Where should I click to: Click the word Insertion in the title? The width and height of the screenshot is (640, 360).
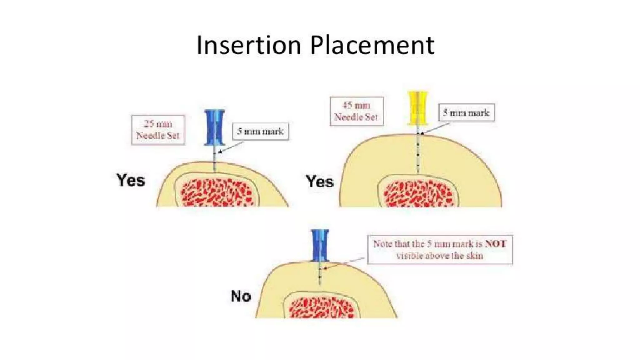[x=249, y=45]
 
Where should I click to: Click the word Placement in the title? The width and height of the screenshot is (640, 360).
[x=372, y=45]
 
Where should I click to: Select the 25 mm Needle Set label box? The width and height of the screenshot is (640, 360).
[x=158, y=130]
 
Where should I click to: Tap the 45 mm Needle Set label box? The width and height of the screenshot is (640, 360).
[x=357, y=111]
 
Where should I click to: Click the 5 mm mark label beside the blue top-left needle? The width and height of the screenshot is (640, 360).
[x=260, y=131]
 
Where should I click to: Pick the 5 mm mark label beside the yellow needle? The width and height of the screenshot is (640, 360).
[x=466, y=112]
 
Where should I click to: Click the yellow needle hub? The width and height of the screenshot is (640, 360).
[x=417, y=108]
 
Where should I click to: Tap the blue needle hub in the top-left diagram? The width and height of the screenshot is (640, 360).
[x=214, y=127]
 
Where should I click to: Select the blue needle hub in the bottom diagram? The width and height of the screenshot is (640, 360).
[x=320, y=245]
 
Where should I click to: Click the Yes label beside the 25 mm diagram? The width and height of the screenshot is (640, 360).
[x=131, y=180]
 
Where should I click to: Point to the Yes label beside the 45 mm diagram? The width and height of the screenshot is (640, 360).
[x=320, y=182]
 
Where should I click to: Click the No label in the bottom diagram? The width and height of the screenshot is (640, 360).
[x=241, y=296]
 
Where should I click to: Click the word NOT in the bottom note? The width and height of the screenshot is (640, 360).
[x=496, y=244]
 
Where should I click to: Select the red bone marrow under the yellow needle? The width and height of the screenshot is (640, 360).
[x=418, y=194]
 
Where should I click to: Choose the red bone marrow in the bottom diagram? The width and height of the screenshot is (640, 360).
[x=321, y=308]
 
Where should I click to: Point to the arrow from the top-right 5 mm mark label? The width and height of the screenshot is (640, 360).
[x=435, y=128]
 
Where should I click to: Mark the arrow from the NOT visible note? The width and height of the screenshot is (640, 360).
[x=344, y=263]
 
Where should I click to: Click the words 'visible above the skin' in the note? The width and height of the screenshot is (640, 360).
[x=440, y=256]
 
